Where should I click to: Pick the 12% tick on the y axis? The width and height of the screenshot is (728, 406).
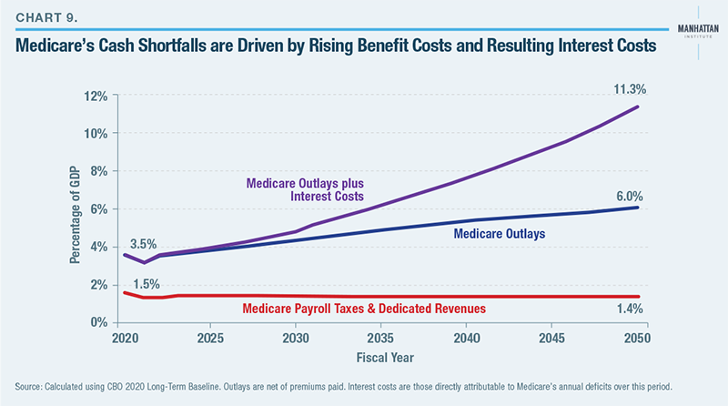tap(96, 96)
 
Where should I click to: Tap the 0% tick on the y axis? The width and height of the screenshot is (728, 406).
tap(99, 322)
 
